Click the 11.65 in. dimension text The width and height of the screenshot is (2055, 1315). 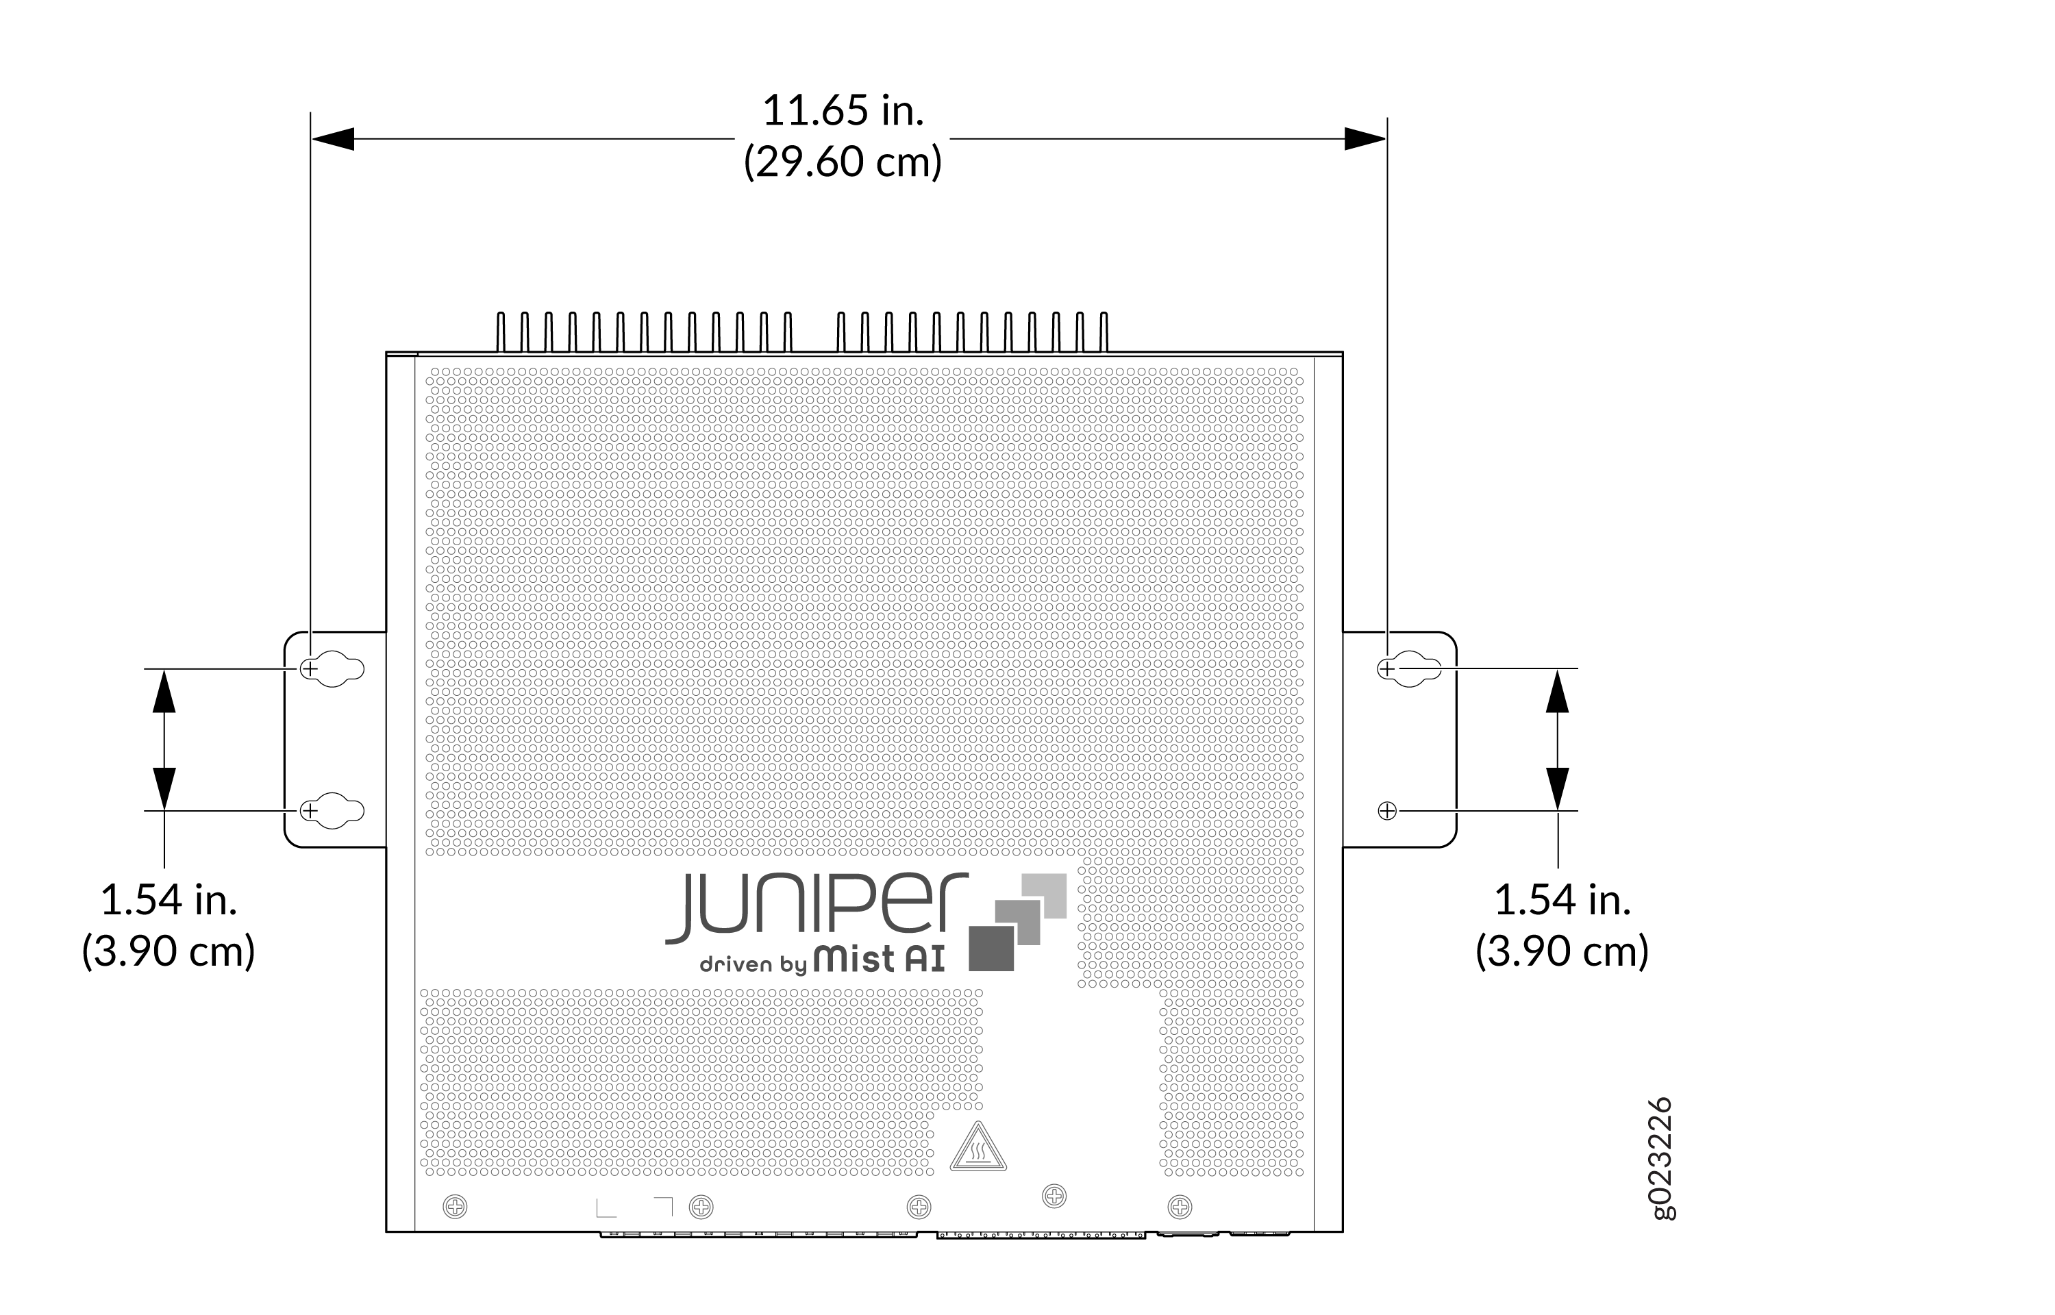coord(843,111)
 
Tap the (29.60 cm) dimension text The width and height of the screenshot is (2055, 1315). coord(843,162)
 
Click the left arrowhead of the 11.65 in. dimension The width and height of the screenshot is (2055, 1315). coord(333,138)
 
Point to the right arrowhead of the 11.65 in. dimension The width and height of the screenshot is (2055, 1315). coord(1365,138)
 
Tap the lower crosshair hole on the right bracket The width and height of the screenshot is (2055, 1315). coord(1387,810)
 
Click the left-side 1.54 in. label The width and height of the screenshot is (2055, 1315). coord(169,900)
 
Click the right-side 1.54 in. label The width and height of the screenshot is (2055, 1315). coord(1562,900)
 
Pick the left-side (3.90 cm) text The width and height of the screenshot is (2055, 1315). coord(169,951)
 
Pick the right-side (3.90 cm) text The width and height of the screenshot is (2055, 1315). coord(1562,951)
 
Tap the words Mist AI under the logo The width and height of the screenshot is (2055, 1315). coord(880,959)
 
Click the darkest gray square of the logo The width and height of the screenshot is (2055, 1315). coord(991,949)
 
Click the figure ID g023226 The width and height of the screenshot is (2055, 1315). coord(1661,1159)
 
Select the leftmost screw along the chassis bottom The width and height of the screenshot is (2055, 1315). coord(455,1207)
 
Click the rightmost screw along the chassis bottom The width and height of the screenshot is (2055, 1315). coord(1180,1207)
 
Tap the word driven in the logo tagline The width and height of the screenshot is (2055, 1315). coord(736,965)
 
